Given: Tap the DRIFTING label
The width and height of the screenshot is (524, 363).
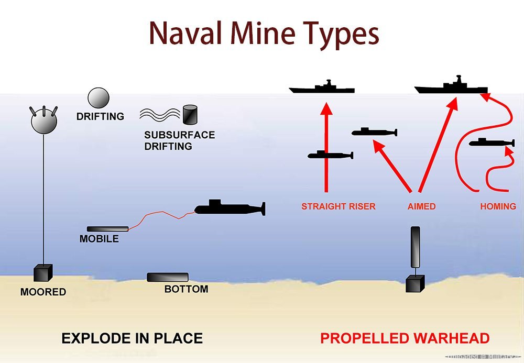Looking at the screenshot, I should coord(100,117).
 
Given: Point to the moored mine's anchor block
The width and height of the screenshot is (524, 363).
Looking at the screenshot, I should coord(42,274).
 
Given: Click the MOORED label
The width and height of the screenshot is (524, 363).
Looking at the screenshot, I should coord(43,292).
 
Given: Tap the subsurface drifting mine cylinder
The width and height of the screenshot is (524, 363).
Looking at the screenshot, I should coord(189,114).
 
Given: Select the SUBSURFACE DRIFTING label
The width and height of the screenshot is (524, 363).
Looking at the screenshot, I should coord(179,140).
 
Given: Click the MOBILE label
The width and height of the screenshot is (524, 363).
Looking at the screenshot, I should coord(99,239).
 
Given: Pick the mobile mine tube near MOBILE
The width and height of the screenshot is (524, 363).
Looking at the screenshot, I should coord(107,229).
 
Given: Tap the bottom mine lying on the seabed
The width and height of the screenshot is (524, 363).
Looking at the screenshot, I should coord(168,277).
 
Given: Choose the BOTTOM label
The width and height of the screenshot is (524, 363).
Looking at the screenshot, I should coord(186,289).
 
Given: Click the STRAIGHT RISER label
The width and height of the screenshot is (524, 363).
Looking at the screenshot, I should coord(339,206).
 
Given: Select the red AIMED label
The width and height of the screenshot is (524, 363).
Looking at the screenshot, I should coord(421,206).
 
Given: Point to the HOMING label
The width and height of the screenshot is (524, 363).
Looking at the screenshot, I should coord(498,206).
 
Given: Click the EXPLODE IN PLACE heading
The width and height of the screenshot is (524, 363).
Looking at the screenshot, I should coord(132,338).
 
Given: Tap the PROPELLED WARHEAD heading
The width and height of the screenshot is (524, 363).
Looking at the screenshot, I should coord(405,338).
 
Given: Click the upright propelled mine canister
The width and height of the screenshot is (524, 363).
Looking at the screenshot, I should coord(416,247).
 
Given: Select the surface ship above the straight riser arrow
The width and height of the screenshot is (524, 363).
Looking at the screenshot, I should coord(322,88).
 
